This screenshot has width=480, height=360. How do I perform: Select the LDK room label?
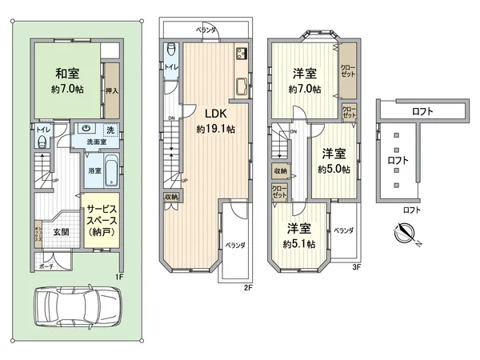(212, 113)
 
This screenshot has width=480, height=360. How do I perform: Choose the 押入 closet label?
(112, 90)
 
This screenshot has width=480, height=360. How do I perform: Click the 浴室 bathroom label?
(94, 171)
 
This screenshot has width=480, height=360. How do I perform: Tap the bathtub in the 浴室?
(112, 169)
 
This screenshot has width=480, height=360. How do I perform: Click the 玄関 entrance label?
(62, 232)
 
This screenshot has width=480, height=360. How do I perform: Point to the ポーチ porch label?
(46, 266)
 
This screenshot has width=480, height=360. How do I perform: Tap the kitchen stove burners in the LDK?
(240, 55)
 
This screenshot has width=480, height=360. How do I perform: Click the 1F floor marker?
(119, 276)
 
